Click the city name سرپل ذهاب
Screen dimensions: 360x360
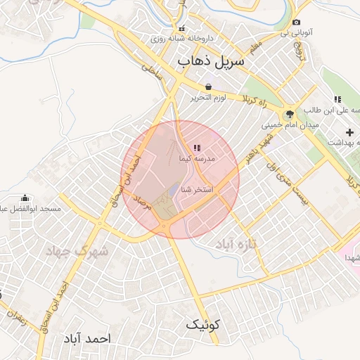coord(211,61)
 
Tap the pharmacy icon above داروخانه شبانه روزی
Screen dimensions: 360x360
coord(182,29)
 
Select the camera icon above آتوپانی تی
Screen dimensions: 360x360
coord(296,22)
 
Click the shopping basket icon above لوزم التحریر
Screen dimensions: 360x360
coord(209,86)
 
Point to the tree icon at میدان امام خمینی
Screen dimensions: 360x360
coord(288,115)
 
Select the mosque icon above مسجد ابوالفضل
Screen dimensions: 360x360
coord(26,198)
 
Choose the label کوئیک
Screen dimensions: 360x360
coord(203,325)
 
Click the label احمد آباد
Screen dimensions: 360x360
coord(86,338)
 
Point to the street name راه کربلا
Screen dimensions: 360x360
coord(257,101)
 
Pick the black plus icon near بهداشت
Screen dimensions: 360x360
coord(349,132)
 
